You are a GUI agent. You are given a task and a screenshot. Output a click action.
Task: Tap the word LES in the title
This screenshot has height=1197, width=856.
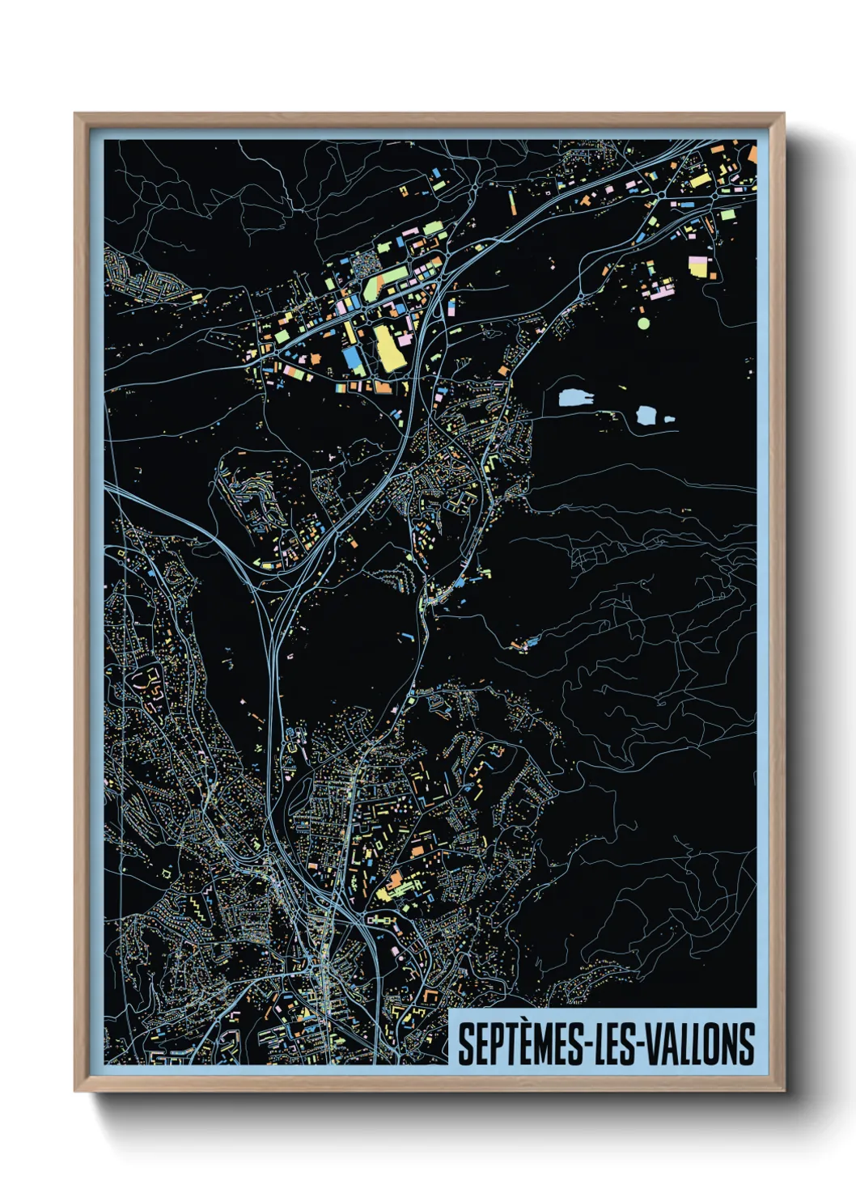612,1044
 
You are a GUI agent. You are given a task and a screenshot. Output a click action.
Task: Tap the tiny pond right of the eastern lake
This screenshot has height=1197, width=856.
668,420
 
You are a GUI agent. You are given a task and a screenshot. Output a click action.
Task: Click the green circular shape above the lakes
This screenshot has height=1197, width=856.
643,323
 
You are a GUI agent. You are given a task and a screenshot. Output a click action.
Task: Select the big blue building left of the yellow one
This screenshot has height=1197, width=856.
353,360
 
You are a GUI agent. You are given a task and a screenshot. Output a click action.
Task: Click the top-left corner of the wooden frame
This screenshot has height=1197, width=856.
76,115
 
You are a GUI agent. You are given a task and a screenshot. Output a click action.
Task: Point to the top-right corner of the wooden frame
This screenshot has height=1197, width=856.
782,115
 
